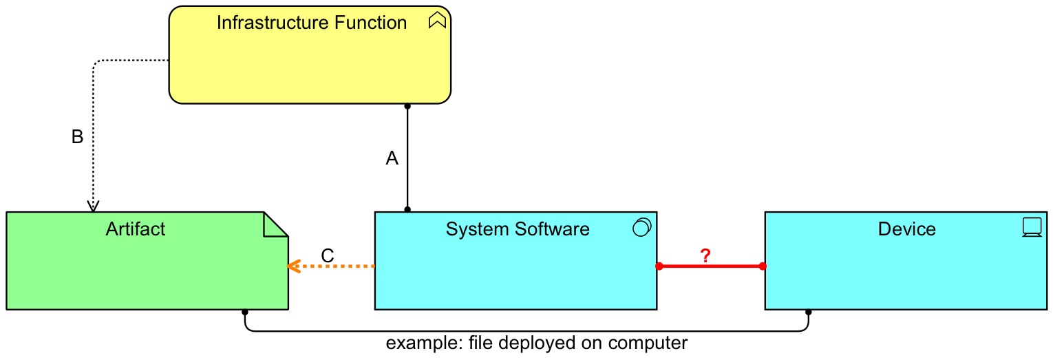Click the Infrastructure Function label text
pyautogui.click(x=311, y=23)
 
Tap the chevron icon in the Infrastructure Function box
pyautogui.click(x=437, y=22)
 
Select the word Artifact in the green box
pyautogui.click(x=136, y=229)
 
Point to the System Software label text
pyautogui.click(x=518, y=229)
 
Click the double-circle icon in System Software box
pyautogui.click(x=641, y=227)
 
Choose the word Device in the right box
pyautogui.click(x=906, y=229)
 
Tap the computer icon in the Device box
pyautogui.click(x=1032, y=227)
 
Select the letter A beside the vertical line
pyautogui.click(x=392, y=159)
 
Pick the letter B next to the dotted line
pyautogui.click(x=78, y=137)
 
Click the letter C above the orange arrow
pyautogui.click(x=328, y=255)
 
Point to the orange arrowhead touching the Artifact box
pyautogui.click(x=292, y=266)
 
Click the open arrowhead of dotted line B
pyautogui.click(x=93, y=207)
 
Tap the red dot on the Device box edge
pyautogui.click(x=763, y=266)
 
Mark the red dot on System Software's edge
pyautogui.click(x=659, y=266)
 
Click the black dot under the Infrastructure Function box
pyautogui.click(x=407, y=106)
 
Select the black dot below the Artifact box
pyautogui.click(x=245, y=312)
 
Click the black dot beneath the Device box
pyautogui.click(x=808, y=312)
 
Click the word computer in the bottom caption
pyautogui.click(x=648, y=343)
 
